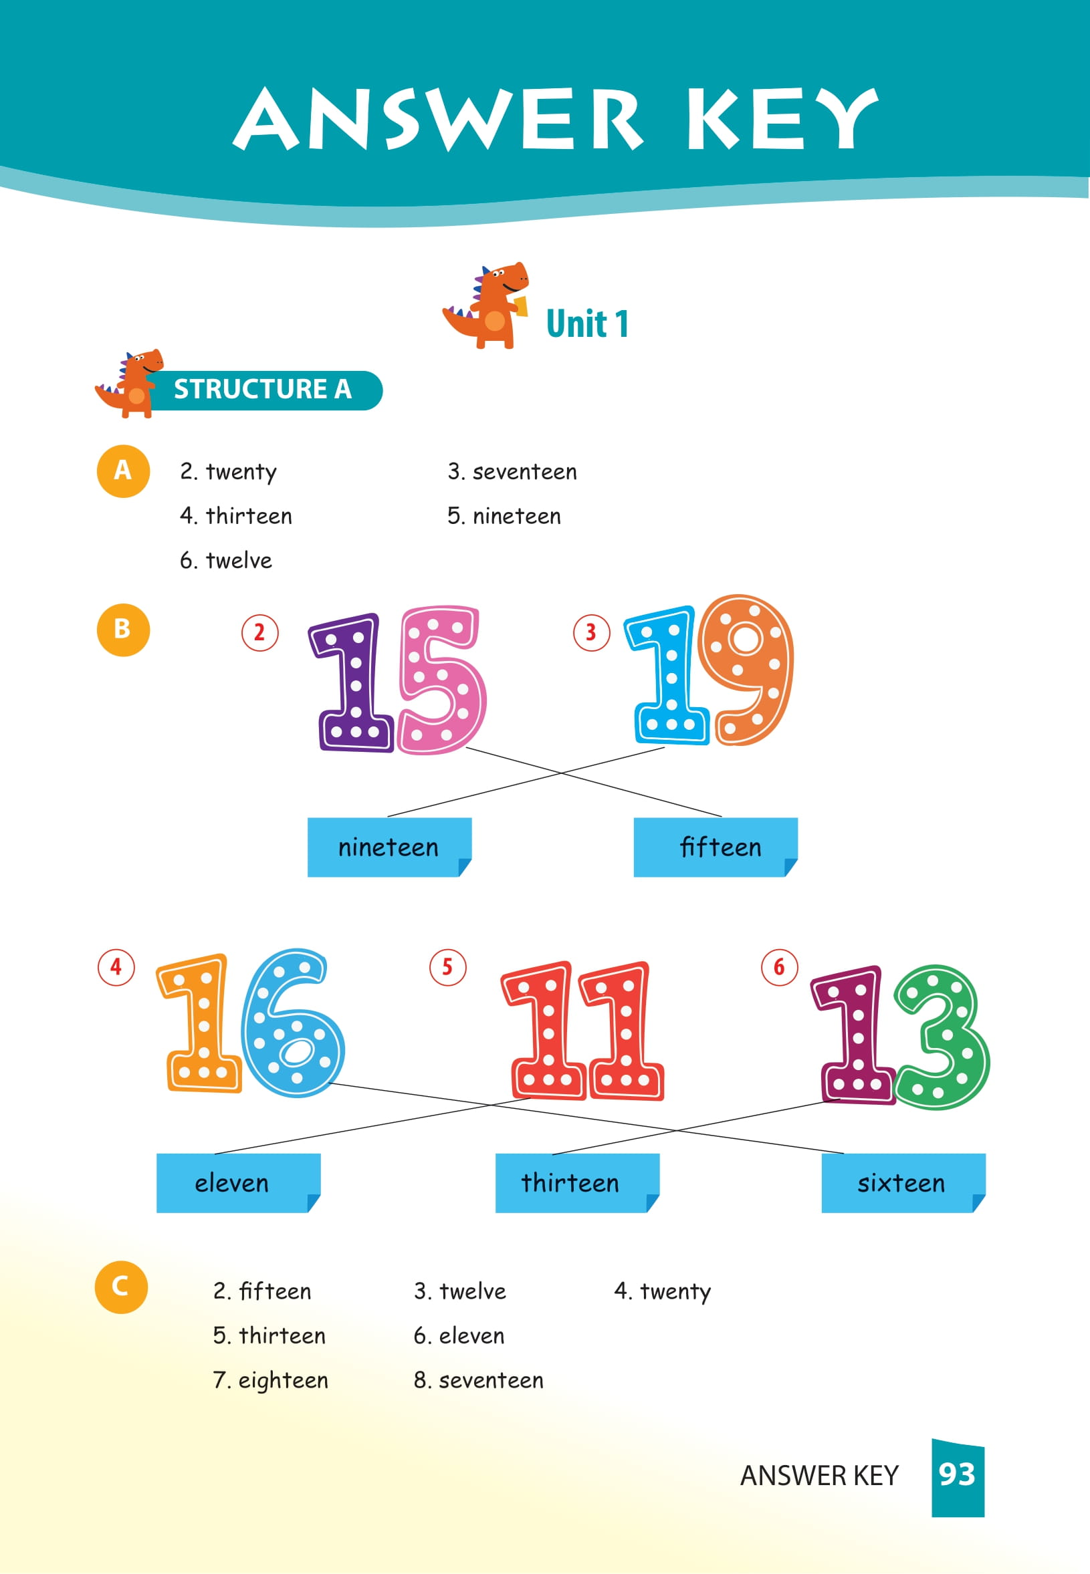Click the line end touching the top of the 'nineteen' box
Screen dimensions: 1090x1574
click(388, 816)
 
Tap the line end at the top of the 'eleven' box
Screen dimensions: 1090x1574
click(215, 1154)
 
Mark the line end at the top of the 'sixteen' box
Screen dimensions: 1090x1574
click(844, 1154)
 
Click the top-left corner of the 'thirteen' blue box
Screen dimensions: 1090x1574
click(496, 1154)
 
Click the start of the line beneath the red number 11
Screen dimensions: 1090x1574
click(530, 1098)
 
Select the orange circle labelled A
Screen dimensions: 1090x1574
click(123, 471)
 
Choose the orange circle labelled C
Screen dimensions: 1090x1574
click(121, 1287)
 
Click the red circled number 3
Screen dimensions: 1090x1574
click(591, 633)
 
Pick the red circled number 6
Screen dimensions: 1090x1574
click(779, 967)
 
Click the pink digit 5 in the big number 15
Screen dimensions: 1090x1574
click(443, 680)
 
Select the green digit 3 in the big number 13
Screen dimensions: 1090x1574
click(942, 1037)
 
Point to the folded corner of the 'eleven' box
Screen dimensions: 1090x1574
click(314, 1202)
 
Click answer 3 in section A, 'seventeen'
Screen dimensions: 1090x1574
click(512, 472)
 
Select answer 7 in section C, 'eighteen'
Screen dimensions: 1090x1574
click(270, 1380)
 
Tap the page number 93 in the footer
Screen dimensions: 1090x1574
click(957, 1474)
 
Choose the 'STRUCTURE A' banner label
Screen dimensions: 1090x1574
click(263, 389)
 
